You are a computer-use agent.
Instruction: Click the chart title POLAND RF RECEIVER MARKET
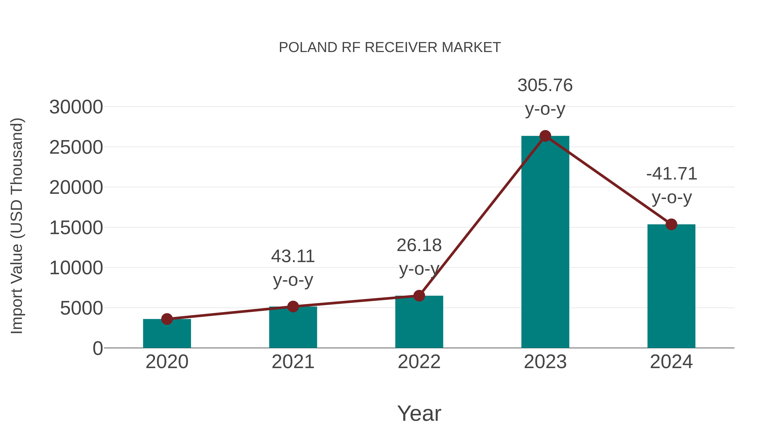[x=390, y=47]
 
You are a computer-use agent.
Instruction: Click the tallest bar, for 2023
[x=545, y=242]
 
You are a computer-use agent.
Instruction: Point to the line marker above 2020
[x=167, y=319]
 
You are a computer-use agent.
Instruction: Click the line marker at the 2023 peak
[x=545, y=136]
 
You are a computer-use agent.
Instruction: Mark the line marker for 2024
[x=671, y=225]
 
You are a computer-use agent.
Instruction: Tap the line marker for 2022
[x=419, y=296]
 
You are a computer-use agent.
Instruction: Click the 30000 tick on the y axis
[x=76, y=107]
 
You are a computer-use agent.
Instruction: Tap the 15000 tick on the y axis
[x=76, y=228]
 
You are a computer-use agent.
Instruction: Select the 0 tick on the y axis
[x=98, y=348]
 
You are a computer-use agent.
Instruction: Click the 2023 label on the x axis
[x=545, y=362]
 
